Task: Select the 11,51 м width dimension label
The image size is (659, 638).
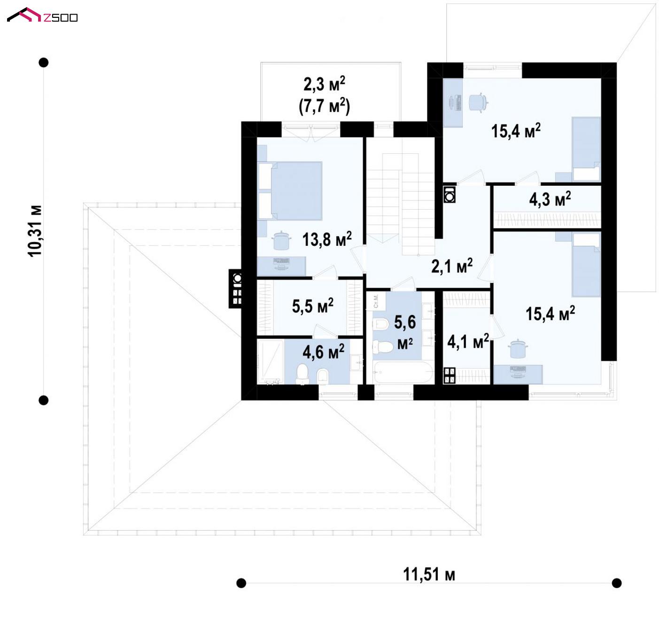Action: (x=429, y=575)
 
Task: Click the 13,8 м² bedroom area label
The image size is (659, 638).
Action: (x=327, y=239)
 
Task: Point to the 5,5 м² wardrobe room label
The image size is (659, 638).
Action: (x=312, y=306)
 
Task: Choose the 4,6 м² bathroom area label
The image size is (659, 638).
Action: (x=324, y=351)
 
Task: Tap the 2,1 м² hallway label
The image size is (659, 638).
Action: (x=452, y=266)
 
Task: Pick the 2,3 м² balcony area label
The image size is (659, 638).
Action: (x=324, y=84)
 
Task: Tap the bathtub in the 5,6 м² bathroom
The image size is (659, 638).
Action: (x=403, y=372)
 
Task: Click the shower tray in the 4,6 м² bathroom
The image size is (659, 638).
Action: (x=271, y=362)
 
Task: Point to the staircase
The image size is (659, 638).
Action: (x=401, y=204)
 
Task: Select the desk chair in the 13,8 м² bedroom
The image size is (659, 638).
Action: (x=281, y=240)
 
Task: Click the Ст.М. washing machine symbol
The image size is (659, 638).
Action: (x=376, y=301)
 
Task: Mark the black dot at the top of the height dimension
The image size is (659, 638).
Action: (x=44, y=63)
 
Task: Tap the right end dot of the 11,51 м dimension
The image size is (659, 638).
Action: (x=617, y=583)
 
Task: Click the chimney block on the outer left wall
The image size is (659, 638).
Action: (x=235, y=288)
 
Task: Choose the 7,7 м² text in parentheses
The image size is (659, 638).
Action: (x=324, y=106)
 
